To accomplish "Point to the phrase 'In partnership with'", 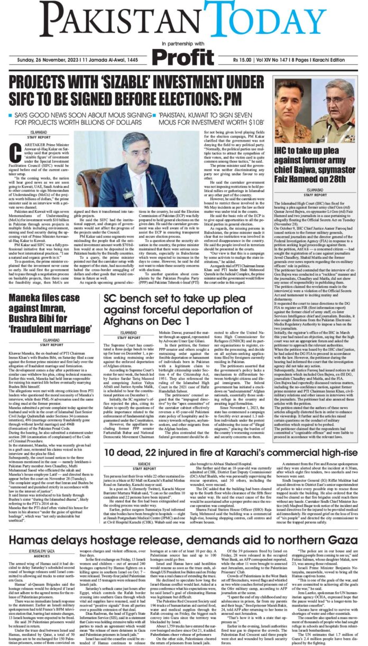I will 183,43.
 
